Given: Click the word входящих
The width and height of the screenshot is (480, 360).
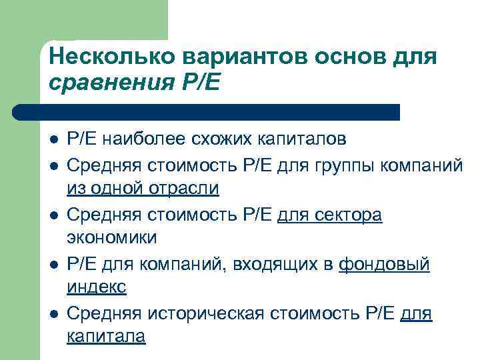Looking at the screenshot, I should pos(274,264).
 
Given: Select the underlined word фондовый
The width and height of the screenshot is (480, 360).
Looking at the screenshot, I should pos(385,264).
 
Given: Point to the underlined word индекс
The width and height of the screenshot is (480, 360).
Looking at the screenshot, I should pos(96,287).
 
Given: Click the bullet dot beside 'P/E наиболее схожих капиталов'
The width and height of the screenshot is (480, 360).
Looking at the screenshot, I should pos(53,141).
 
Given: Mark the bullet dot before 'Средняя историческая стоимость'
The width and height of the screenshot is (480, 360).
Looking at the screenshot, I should pos(53,313).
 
